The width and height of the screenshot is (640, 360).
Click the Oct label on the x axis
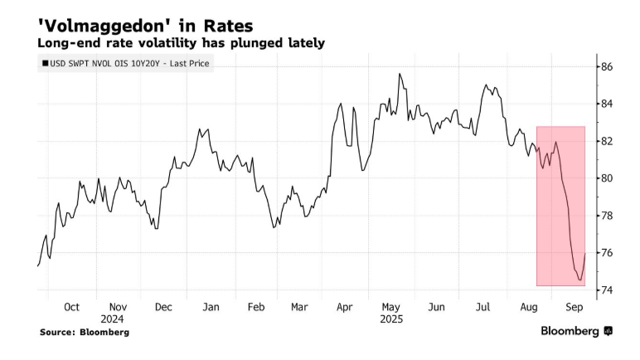click(71, 306)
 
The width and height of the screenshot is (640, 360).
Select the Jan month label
click(211, 306)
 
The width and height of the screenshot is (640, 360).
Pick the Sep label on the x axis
click(574, 306)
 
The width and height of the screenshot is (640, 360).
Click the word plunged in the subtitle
click(254, 42)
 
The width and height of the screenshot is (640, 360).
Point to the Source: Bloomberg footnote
click(84, 332)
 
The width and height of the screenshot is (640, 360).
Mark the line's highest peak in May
click(400, 74)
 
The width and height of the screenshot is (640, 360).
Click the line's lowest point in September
click(579, 280)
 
